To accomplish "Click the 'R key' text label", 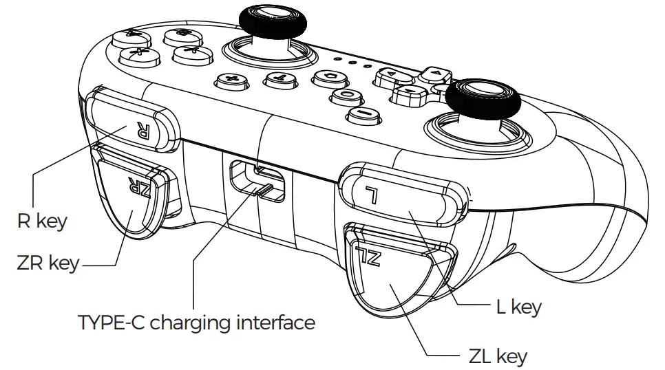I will click(42, 221).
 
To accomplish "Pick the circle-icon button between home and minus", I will click(348, 95).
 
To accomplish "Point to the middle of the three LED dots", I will click(352, 62).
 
